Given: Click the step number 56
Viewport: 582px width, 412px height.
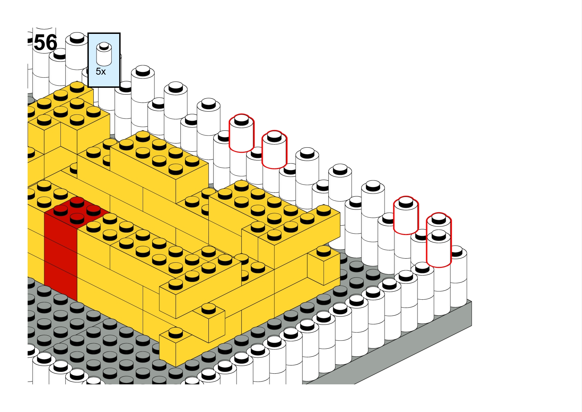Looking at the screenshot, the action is (46, 43).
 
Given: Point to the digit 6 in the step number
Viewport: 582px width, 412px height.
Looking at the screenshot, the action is (51, 43).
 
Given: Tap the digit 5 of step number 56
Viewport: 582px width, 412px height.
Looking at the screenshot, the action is (40, 43).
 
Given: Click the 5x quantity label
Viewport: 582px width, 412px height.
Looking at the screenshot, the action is (101, 72).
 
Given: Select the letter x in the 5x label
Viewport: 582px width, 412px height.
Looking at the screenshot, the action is (103, 73).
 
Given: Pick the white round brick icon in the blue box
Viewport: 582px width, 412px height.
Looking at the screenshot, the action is (104, 54).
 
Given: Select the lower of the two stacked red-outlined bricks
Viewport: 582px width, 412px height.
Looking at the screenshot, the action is (439, 249).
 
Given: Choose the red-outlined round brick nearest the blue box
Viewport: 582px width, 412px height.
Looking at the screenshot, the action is (241, 133).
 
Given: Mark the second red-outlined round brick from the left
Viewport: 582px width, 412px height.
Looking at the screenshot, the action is (274, 150).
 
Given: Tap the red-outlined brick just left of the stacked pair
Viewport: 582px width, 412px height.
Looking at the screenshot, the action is (406, 216).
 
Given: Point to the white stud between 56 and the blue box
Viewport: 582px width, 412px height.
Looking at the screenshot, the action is (77, 38).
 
